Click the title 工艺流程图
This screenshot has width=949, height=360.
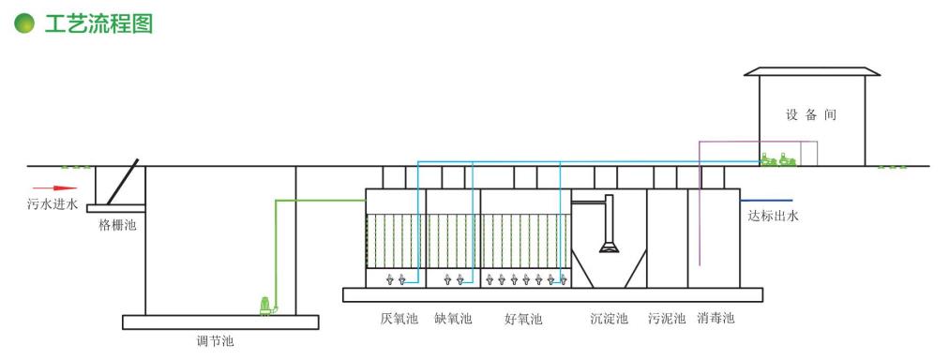click(x=98, y=24)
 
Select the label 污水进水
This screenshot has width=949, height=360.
click(x=53, y=203)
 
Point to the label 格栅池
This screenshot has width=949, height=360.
click(x=117, y=225)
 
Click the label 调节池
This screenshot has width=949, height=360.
click(x=215, y=341)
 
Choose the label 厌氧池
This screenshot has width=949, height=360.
click(x=398, y=319)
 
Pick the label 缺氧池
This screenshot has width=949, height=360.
click(x=453, y=319)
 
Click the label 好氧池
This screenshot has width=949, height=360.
click(x=523, y=319)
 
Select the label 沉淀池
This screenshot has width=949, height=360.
click(x=609, y=319)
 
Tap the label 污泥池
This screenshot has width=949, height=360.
click(x=667, y=319)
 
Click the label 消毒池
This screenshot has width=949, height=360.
click(x=716, y=319)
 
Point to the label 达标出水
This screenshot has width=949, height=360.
click(x=773, y=217)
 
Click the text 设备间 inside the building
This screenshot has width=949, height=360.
click(x=811, y=115)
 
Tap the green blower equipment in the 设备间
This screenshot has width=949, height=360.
click(x=779, y=160)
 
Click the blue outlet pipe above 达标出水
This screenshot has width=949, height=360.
click(x=766, y=200)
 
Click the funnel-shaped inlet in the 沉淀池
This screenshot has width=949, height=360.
click(x=610, y=246)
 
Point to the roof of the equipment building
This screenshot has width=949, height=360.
click(x=812, y=70)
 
